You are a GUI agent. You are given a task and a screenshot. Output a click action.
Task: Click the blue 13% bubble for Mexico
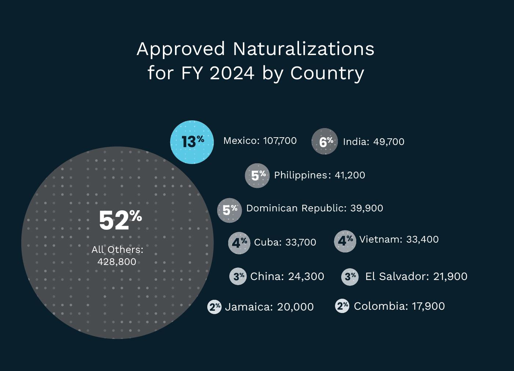192,142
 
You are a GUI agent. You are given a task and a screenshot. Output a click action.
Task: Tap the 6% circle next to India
325,141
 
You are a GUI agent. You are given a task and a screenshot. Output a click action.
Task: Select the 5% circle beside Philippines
257,175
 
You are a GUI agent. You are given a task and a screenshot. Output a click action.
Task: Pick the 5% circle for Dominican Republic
230,210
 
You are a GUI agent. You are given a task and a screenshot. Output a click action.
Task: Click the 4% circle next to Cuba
239,243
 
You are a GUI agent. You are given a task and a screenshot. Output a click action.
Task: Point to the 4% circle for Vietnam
345,241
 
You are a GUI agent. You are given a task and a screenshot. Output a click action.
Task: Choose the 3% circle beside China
238,276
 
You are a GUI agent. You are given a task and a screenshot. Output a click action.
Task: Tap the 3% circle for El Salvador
350,276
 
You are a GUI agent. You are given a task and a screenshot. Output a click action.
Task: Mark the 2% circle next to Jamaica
214,307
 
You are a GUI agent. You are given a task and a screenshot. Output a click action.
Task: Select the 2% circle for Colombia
342,306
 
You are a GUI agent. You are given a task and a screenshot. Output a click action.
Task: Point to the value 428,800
117,262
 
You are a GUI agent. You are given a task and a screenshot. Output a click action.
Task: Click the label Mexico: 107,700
260,141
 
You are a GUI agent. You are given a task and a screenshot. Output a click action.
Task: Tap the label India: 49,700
373,142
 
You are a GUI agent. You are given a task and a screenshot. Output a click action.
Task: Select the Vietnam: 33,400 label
399,239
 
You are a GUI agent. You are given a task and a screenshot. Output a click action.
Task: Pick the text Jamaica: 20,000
269,307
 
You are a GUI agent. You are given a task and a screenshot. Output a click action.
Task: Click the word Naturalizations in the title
303,49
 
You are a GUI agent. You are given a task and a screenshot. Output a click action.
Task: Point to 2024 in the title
232,73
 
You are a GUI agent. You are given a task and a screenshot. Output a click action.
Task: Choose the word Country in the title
327,73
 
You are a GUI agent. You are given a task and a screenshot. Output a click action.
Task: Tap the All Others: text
117,250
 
